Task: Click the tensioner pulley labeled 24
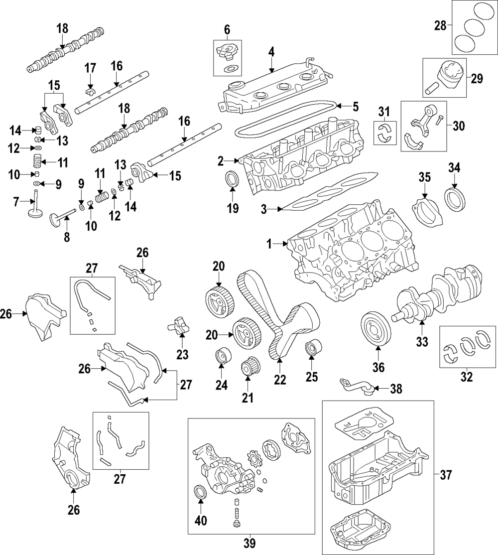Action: [221, 357]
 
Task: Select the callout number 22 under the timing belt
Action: [280, 379]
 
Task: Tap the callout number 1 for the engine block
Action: [269, 244]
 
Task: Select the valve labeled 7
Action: [34, 211]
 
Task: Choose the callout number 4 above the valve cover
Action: [271, 51]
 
